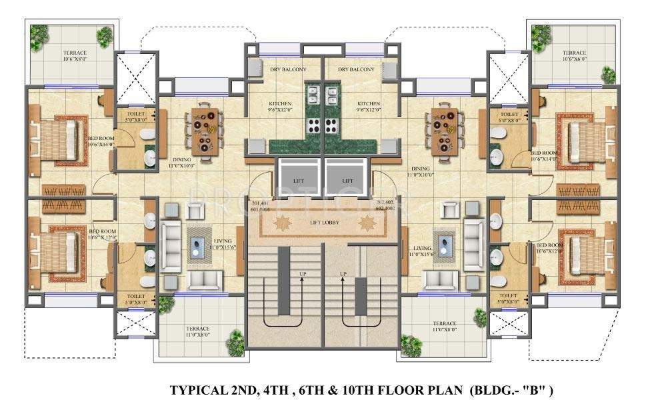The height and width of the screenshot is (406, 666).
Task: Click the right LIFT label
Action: (347, 181)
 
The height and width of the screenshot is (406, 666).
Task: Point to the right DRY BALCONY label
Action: (356, 69)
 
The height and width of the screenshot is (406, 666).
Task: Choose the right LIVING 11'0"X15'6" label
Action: (425, 251)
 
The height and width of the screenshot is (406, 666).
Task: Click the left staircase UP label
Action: (301, 274)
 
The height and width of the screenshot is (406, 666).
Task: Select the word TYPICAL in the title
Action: (195, 389)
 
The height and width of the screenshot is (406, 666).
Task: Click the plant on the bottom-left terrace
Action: (235, 343)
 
